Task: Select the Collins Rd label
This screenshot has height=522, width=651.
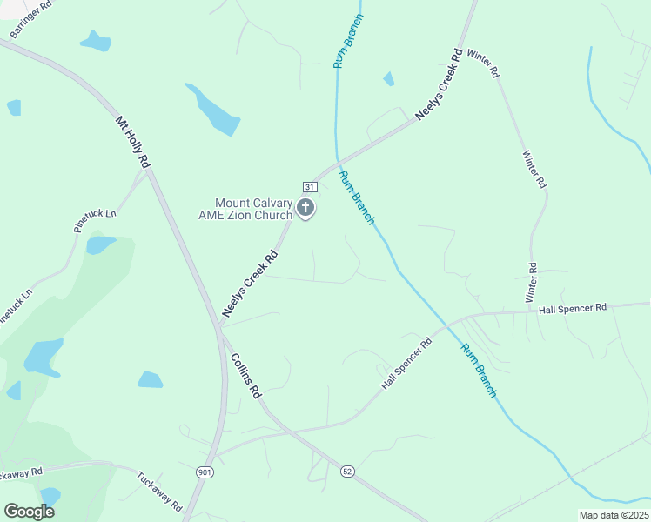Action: pos(245,376)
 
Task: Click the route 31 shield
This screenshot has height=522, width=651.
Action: pos(309,187)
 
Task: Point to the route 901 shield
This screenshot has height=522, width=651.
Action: pos(205,472)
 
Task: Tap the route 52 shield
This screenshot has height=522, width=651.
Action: pos(347,471)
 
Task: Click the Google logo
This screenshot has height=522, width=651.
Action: pos(29,512)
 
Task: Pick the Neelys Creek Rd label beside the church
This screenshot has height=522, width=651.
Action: pos(249,283)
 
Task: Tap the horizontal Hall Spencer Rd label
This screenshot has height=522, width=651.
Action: pos(572,309)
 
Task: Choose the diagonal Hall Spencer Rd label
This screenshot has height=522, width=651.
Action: pos(406,364)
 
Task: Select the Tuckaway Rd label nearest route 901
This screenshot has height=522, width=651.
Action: pos(159,492)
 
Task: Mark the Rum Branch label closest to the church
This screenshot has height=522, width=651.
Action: pos(357,197)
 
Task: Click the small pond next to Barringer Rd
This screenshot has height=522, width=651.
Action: pos(95,41)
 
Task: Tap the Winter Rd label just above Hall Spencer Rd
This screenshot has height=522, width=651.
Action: pos(531,283)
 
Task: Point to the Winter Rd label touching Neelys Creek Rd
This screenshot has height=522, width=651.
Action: pos(483,64)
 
